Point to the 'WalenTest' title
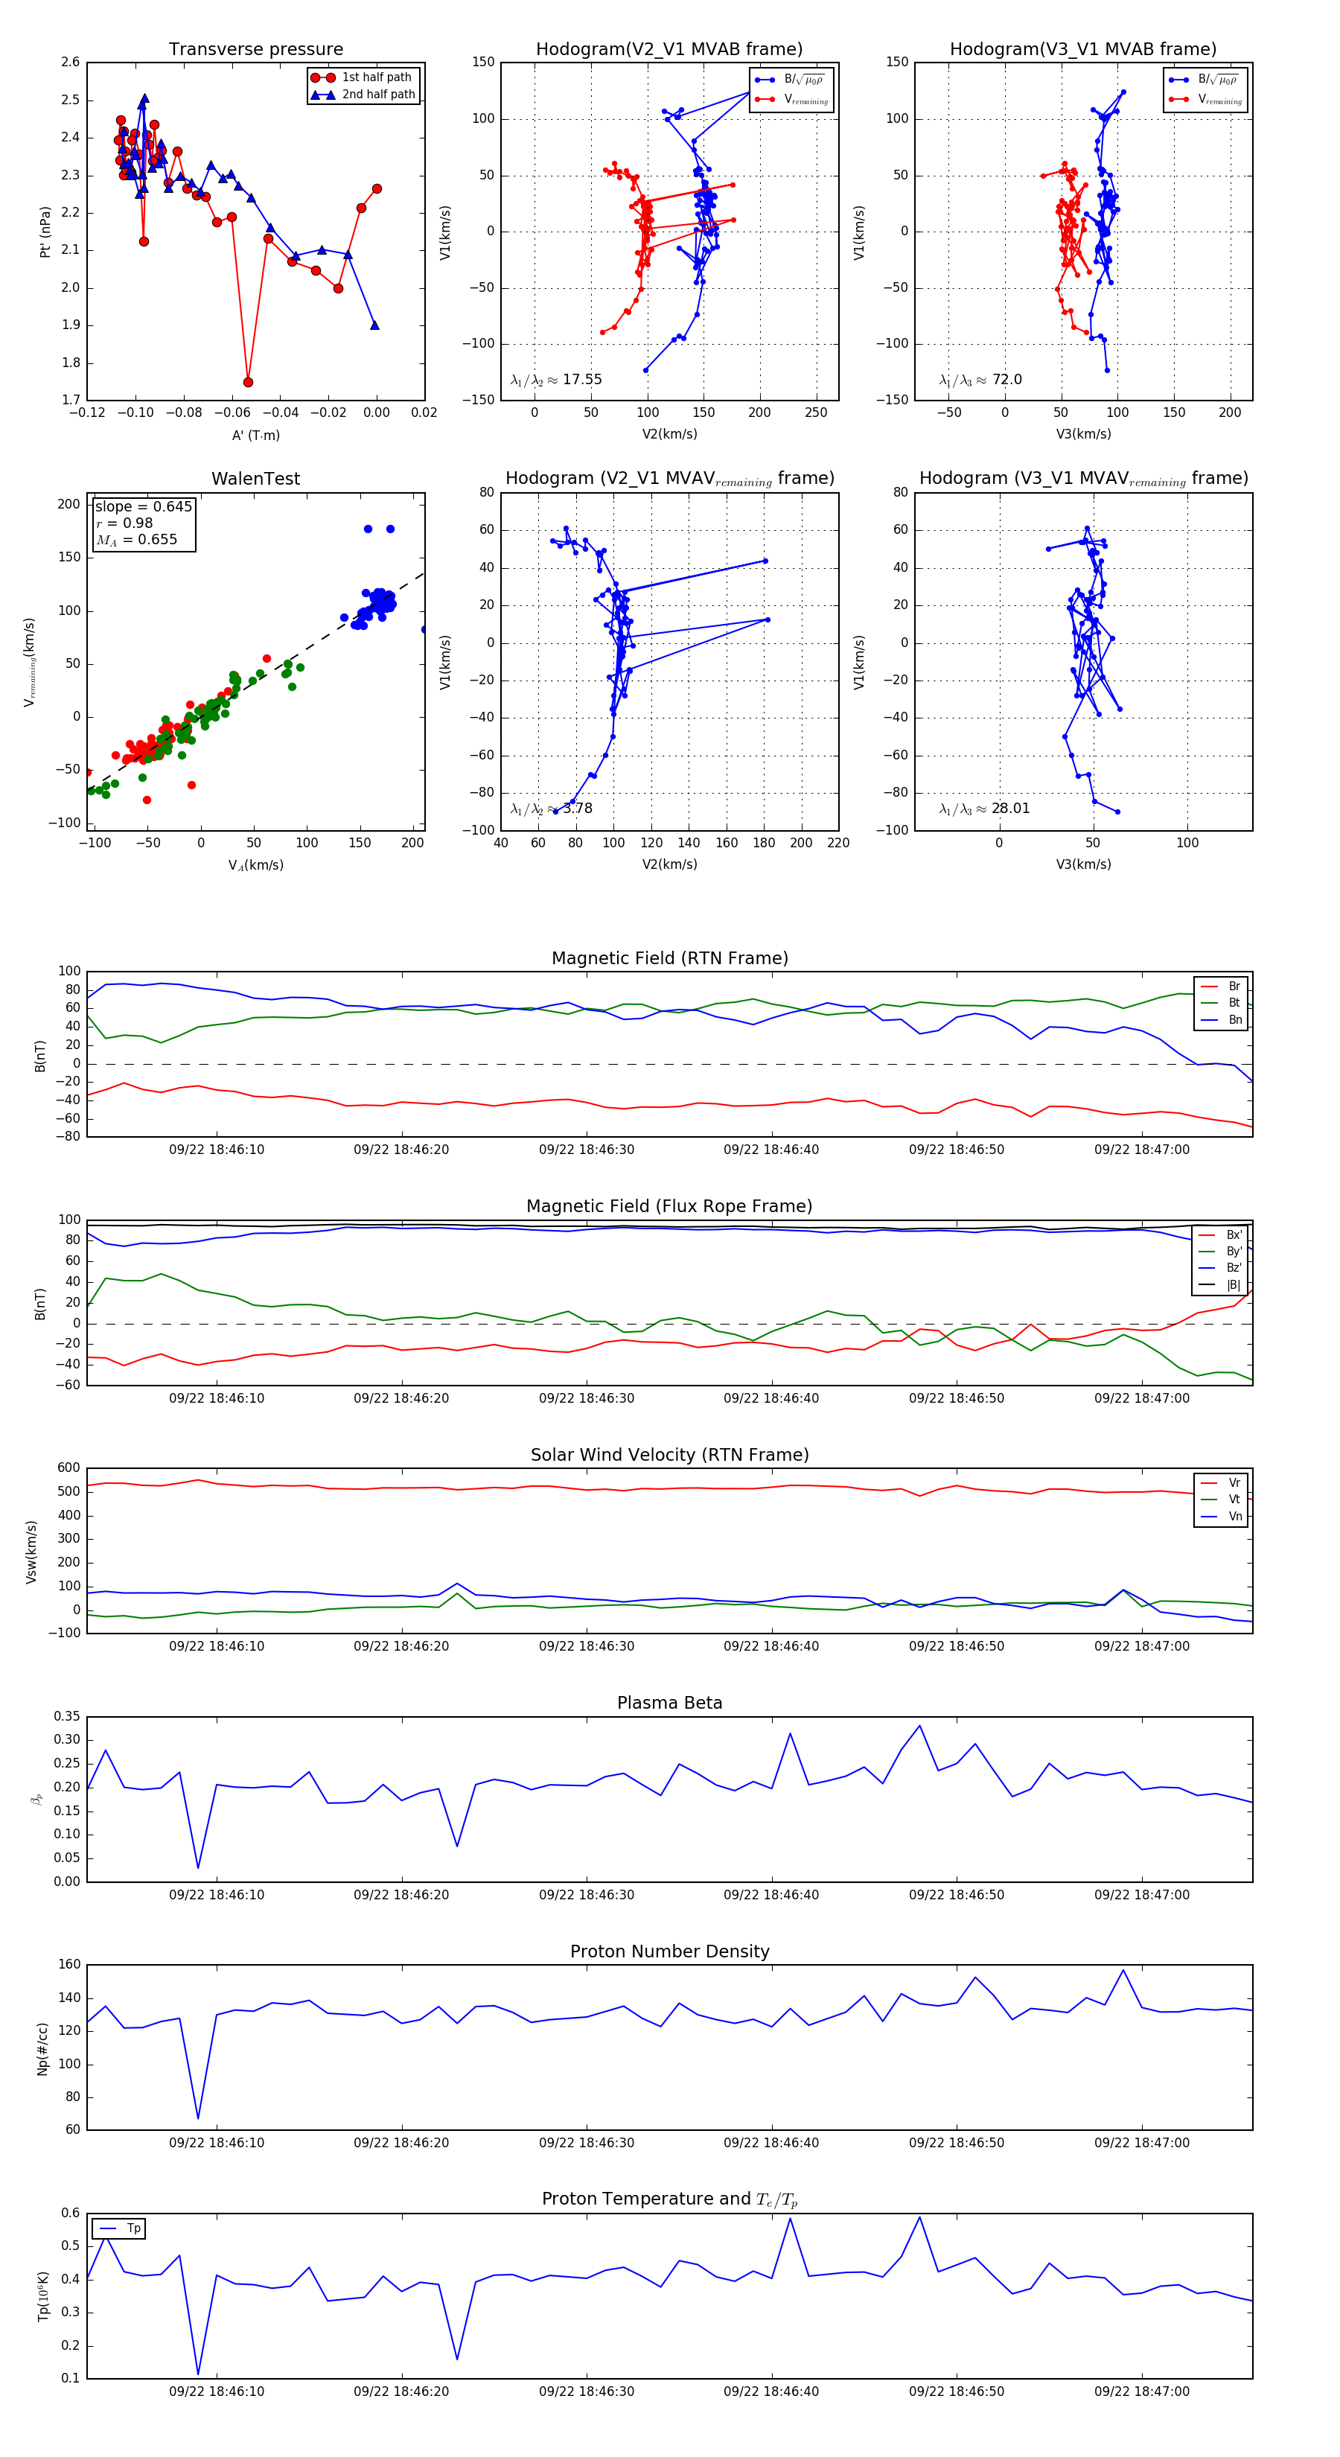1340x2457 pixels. tap(255, 479)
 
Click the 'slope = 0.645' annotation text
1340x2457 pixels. tap(143, 506)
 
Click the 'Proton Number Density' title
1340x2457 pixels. tap(669, 1951)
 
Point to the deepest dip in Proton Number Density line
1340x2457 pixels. tap(198, 2118)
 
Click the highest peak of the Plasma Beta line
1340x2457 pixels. tap(919, 1725)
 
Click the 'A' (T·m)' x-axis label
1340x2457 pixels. tap(255, 436)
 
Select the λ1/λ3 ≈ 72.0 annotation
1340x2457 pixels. tap(980, 380)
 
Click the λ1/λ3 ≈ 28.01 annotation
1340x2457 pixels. tap(984, 809)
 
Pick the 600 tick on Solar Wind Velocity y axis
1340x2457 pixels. tap(68, 1469)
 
